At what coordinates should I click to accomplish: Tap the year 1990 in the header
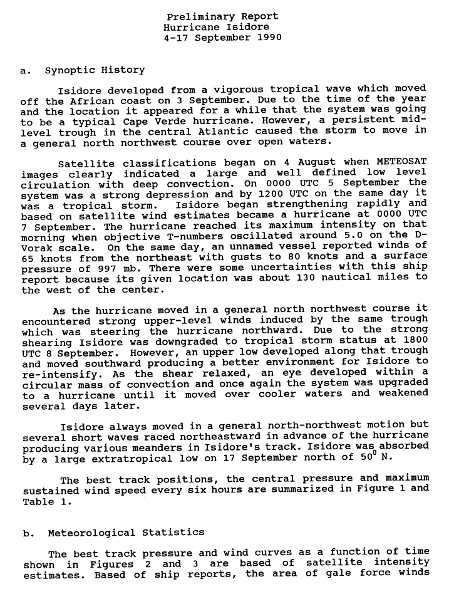coord(269,37)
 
